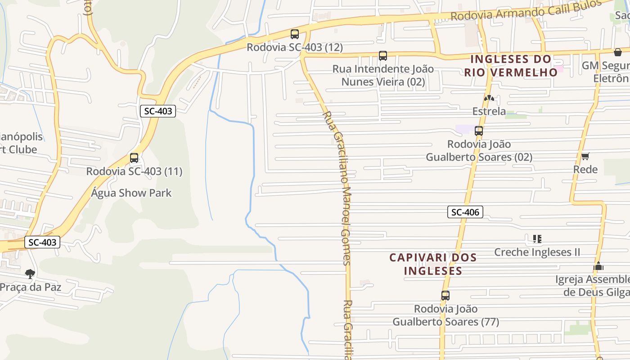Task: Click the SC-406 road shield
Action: pyautogui.click(x=465, y=212)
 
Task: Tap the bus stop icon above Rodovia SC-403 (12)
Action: pyautogui.click(x=295, y=34)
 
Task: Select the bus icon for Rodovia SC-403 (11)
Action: pyautogui.click(x=134, y=158)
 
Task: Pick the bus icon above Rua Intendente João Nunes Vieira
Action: pyautogui.click(x=383, y=56)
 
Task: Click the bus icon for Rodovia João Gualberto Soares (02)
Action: pyautogui.click(x=479, y=131)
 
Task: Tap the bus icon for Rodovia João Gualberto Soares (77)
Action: pyautogui.click(x=445, y=296)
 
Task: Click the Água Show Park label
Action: pyautogui.click(x=131, y=193)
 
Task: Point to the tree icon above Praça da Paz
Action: pyautogui.click(x=30, y=274)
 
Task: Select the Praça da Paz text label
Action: pyautogui.click(x=31, y=287)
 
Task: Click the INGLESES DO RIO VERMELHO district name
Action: pyautogui.click(x=511, y=66)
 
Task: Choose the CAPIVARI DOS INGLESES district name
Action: pyautogui.click(x=433, y=264)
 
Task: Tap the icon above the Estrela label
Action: pyautogui.click(x=489, y=98)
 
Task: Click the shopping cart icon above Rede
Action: pyautogui.click(x=585, y=156)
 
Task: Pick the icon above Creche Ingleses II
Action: pyautogui.click(x=537, y=238)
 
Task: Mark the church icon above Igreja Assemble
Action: pyautogui.click(x=598, y=266)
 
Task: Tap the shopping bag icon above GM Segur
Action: pyautogui.click(x=618, y=52)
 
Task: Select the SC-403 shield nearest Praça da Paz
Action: pyautogui.click(x=42, y=243)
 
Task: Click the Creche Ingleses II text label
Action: pyautogui.click(x=537, y=252)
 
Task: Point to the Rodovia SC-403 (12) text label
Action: pyautogui.click(x=295, y=47)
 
